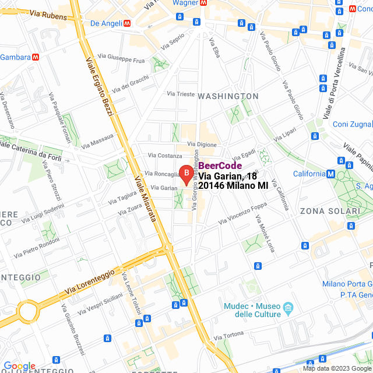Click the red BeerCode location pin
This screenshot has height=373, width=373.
click(186, 173)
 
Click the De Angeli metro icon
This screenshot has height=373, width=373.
click(126, 23)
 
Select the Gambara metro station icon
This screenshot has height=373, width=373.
click(36, 57)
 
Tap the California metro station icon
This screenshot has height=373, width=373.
click(330, 174)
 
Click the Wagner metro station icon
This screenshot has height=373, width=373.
click(203, 3)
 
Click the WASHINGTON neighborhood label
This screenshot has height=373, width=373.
click(228, 96)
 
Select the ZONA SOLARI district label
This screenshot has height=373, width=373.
click(330, 210)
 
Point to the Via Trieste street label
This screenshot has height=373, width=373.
click(181, 93)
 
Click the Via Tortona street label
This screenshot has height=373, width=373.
click(228, 337)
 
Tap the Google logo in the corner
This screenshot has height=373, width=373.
click(19, 365)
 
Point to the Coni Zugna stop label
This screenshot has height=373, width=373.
click(351, 124)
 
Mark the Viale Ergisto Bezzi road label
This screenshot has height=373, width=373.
click(100, 87)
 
